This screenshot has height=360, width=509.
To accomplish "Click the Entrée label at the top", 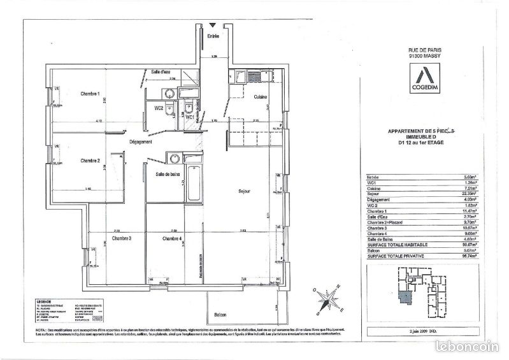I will click(x=213, y=37).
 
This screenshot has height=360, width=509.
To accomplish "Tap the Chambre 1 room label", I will click(x=90, y=94).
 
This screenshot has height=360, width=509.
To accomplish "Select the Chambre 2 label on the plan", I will click(x=90, y=161).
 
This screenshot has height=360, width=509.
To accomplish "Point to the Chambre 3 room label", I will click(x=121, y=238).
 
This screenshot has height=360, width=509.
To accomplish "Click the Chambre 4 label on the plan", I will click(x=172, y=238).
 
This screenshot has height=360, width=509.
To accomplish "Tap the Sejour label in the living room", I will click(x=245, y=191).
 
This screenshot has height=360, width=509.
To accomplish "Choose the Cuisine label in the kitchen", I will click(x=260, y=97).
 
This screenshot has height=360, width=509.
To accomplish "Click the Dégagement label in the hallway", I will click(x=140, y=141).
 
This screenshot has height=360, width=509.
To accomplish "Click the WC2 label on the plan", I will click(x=159, y=108).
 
